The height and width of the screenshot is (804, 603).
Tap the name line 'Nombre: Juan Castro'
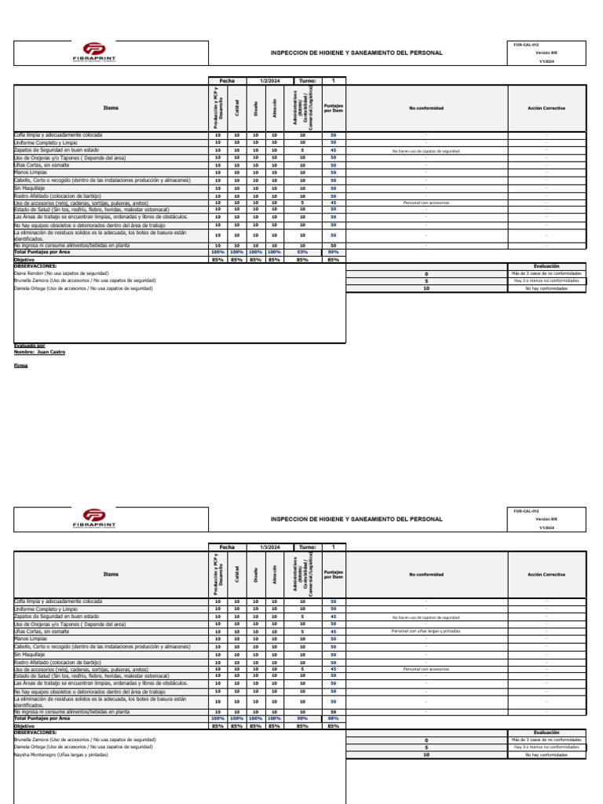click(x=40, y=353)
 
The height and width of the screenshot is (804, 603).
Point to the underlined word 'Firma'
click(x=20, y=366)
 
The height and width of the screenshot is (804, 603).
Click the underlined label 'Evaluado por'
click(x=30, y=345)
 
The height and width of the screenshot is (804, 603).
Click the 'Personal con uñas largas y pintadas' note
click(x=426, y=631)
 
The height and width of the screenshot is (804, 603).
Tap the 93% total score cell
click(x=302, y=252)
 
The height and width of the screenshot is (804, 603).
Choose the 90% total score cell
click(x=302, y=718)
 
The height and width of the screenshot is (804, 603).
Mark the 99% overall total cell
click(x=333, y=252)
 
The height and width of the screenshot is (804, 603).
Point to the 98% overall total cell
click(x=333, y=718)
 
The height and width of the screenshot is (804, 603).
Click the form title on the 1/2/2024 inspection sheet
click(x=356, y=53)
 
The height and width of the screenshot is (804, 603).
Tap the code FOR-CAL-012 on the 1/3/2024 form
click(x=526, y=511)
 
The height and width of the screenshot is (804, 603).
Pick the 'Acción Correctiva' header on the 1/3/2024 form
click(x=546, y=574)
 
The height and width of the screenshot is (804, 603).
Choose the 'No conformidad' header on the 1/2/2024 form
click(x=426, y=108)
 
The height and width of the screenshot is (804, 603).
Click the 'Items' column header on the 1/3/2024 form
click(x=111, y=574)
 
